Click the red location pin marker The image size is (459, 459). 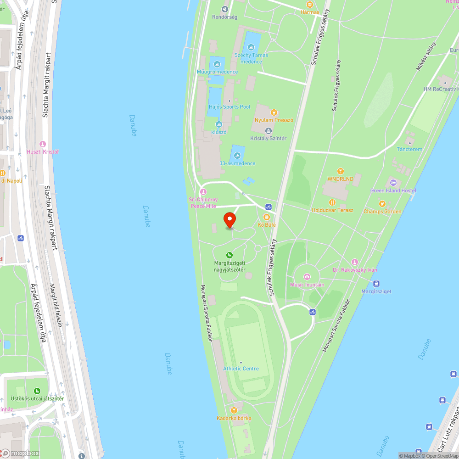(x=229, y=220)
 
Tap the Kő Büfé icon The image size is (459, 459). (x=267, y=217)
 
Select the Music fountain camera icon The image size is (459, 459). (x=307, y=277)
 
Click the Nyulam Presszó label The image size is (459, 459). (x=274, y=120)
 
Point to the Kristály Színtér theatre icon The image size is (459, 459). (x=269, y=131)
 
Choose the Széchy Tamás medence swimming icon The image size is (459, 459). (x=251, y=47)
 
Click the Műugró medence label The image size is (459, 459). (x=217, y=72)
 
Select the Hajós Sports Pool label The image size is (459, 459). (x=229, y=106)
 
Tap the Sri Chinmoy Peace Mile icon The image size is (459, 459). (x=203, y=191)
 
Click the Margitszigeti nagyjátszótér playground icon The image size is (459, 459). (x=229, y=255)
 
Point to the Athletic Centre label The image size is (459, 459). (x=241, y=369)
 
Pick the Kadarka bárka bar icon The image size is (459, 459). (x=234, y=410)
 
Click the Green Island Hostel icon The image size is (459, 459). (x=393, y=183)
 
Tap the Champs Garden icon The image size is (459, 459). (x=382, y=204)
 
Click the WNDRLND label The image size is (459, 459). (x=340, y=179)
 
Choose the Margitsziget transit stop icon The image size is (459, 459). (x=376, y=283)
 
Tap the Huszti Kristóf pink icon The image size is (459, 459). (x=43, y=144)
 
